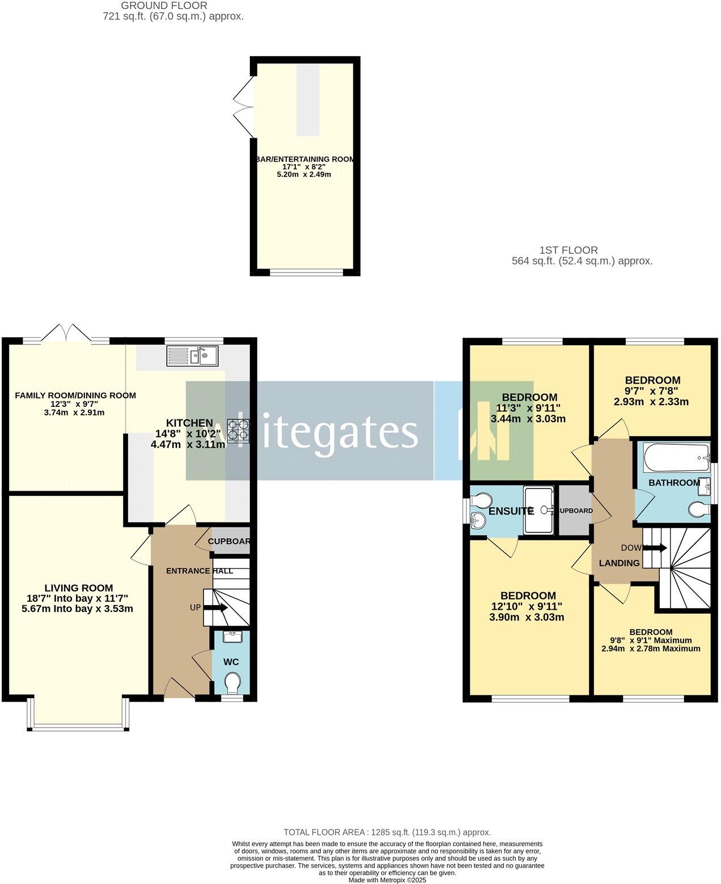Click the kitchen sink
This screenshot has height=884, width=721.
tap(193, 356)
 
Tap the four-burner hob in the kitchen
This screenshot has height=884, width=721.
tap(239, 430)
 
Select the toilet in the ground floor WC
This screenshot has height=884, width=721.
tap(232, 682)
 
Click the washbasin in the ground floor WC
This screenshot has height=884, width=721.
tap(232, 636)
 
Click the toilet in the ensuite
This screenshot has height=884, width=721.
tap(481, 500)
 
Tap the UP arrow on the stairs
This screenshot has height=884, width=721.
tap(215, 607)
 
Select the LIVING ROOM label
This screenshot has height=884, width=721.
tap(79, 588)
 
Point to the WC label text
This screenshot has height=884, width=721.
tap(231, 662)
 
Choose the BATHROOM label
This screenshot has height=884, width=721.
tap(674, 483)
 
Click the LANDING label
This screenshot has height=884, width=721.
tap(620, 563)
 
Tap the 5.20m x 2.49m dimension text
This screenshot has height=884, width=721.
tap(303, 175)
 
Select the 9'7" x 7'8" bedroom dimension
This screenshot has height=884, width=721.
tap(651, 391)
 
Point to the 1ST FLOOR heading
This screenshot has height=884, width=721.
tap(569, 250)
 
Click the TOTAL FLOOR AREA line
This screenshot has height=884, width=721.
tap(387, 832)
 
